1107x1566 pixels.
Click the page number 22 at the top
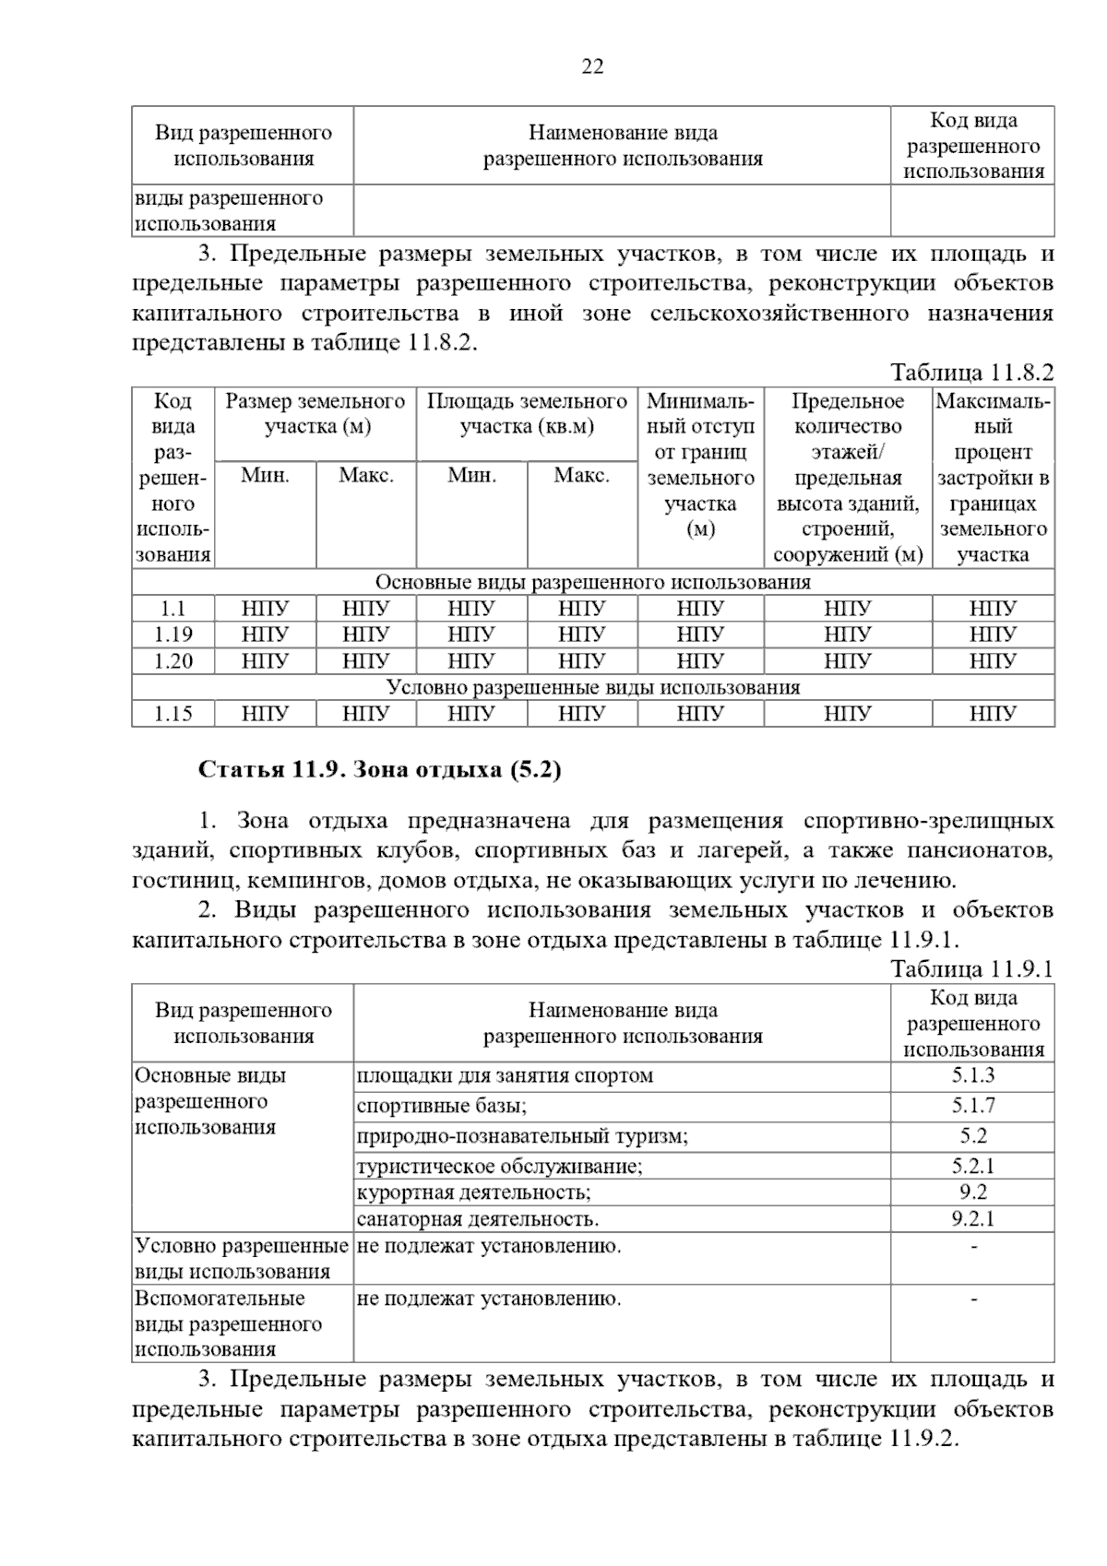click(592, 66)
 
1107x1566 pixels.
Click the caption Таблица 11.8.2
click(970, 373)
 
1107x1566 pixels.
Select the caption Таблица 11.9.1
click(970, 969)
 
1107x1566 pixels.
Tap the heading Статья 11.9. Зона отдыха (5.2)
click(380, 770)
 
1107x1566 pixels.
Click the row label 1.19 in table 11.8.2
click(173, 635)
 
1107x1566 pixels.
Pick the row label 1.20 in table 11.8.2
click(173, 661)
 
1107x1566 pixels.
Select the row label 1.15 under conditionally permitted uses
click(173, 714)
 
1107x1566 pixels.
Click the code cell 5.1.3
click(973, 1075)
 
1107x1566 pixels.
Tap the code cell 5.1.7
click(973, 1106)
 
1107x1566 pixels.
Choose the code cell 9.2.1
click(973, 1219)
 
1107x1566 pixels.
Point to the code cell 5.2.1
click(973, 1167)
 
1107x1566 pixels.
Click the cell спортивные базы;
click(442, 1106)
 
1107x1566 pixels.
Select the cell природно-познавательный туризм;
click(522, 1136)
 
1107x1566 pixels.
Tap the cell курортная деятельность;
click(474, 1192)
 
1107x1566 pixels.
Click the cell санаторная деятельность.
click(478, 1219)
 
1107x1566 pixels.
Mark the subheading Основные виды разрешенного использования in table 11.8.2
click(592, 583)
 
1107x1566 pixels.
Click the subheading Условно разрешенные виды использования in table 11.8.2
click(592, 688)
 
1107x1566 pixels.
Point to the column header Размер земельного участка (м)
click(315, 414)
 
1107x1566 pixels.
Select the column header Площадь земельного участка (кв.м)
click(527, 414)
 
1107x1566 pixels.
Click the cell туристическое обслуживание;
click(500, 1167)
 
